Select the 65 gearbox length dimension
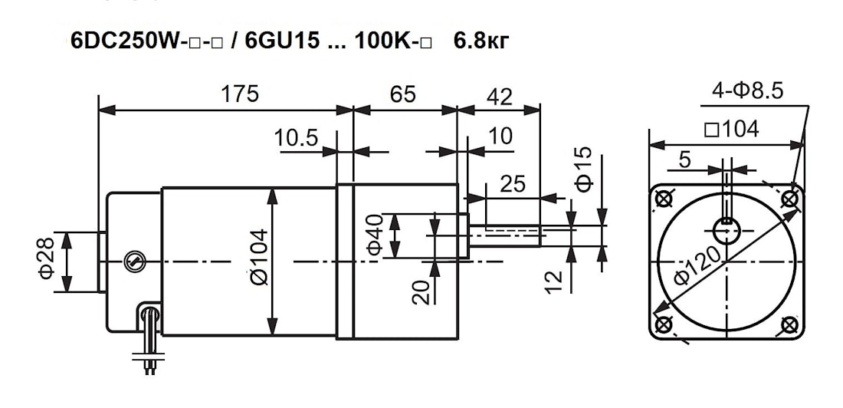click(403, 94)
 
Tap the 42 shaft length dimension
click(500, 97)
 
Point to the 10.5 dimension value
click(296, 137)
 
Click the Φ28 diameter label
click(46, 258)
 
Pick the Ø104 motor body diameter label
click(258, 257)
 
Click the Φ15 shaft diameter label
click(584, 169)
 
